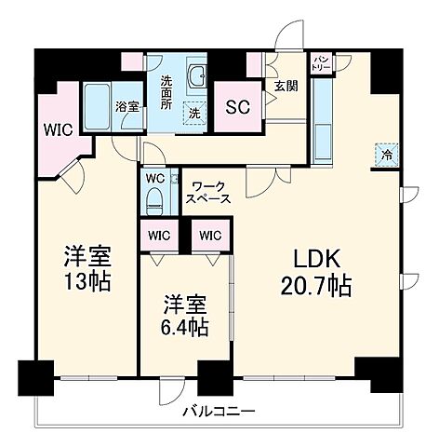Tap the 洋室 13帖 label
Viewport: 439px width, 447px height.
coord(87,267)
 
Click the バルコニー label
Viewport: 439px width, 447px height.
coord(218,410)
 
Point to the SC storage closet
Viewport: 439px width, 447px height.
coord(238,104)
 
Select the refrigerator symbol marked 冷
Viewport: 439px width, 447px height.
coord(386,155)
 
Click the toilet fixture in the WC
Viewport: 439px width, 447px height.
coord(154,196)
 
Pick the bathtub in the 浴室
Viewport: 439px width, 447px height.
coord(96,108)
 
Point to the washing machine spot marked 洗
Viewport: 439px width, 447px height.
coord(194,113)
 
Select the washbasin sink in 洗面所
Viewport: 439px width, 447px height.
coord(196,76)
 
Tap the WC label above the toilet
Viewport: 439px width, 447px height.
coord(154,176)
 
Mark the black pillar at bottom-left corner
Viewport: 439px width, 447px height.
coord(34,377)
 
